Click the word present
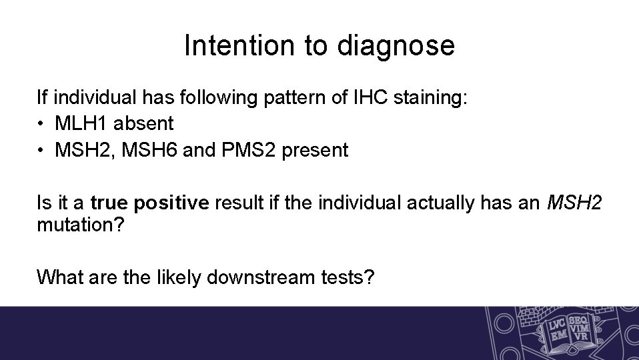[315, 151]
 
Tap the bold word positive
[169, 203]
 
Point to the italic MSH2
[574, 203]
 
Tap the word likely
[179, 275]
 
